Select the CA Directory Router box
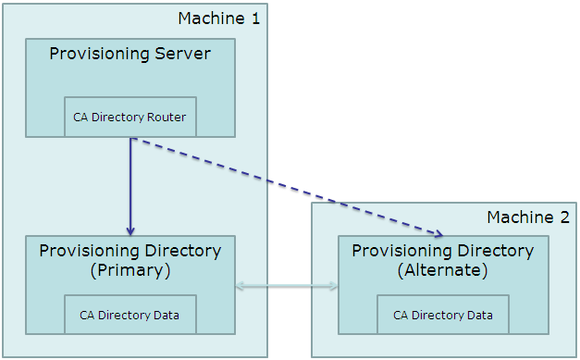[130, 117]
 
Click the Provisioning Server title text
[130, 54]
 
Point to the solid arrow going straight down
[130, 185]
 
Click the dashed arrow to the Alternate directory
[287, 188]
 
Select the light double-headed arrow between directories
[287, 287]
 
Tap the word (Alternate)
[442, 270]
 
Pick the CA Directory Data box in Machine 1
[130, 315]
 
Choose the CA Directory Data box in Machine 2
[442, 315]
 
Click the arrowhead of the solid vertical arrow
[130, 230]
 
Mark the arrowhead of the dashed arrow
[439, 232]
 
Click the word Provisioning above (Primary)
[83, 251]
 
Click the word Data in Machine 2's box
[479, 315]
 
